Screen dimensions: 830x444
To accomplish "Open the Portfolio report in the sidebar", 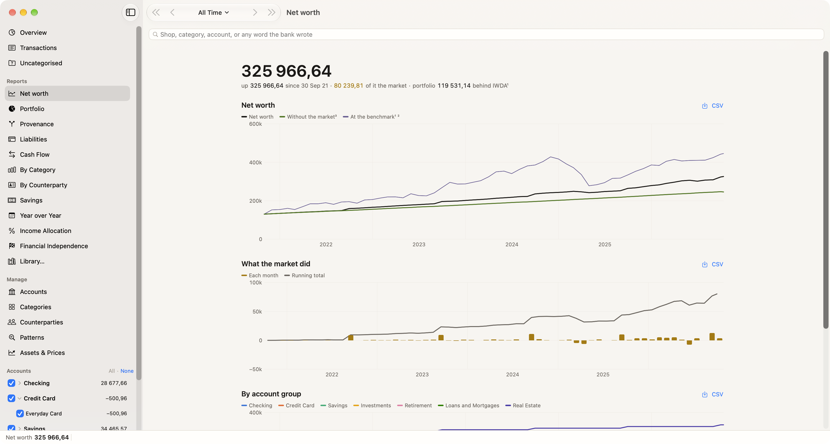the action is coord(32,109).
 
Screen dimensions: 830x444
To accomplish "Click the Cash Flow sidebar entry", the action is coord(35,155).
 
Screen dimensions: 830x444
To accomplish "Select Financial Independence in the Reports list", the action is coord(54,246).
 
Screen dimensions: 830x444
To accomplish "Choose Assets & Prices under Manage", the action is coord(42,353).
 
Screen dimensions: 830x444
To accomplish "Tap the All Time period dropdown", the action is coord(213,13).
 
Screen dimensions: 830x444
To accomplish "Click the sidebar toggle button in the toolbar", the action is coord(131,13).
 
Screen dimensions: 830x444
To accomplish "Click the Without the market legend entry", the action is coord(308,117).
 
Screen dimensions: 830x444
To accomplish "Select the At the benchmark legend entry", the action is coord(371,117).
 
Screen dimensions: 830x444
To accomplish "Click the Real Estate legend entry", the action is coord(523,406).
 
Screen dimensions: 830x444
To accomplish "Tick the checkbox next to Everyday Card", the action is coord(20,414).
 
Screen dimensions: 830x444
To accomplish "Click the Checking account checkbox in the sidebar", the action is coord(11,383).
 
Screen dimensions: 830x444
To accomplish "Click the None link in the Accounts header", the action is coord(127,371).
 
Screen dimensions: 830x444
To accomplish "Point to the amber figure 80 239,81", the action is coord(348,86).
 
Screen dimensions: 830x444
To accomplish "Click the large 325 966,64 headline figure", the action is coord(286,71).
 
